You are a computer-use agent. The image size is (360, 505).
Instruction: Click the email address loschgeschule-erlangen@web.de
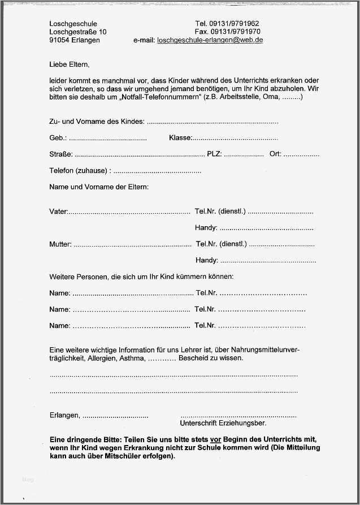[210, 41]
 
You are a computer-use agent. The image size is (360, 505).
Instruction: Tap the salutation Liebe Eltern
[69, 64]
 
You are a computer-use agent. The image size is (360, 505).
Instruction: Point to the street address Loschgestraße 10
[77, 32]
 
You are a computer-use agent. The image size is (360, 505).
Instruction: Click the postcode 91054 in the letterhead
[59, 41]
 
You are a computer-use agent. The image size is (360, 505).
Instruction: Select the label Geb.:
[58, 138]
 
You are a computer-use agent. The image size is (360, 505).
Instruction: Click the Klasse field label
[180, 138]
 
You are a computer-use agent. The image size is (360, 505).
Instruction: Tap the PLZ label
[215, 154]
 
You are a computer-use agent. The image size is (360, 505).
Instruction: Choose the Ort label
[275, 154]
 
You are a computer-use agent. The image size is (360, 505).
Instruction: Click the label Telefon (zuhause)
[80, 171]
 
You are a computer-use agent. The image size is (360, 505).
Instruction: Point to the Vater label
[58, 212]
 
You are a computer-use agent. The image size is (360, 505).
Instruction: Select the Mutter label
[60, 245]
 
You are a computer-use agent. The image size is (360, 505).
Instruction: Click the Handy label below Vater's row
[206, 228]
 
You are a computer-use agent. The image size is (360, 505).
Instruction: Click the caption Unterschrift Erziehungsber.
[223, 423]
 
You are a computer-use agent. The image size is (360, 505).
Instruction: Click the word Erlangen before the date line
[64, 416]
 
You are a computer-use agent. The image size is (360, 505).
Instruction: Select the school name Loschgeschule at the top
[73, 24]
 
